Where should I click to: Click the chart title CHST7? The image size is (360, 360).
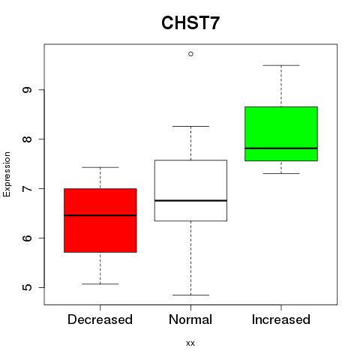click(x=190, y=22)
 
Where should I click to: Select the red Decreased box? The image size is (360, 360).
click(x=100, y=220)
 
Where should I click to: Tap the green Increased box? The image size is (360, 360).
click(x=281, y=133)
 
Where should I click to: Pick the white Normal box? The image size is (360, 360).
click(x=190, y=190)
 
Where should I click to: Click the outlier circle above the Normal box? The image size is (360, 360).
click(x=190, y=54)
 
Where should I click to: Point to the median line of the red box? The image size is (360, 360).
click(x=100, y=215)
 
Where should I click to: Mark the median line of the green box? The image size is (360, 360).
click(x=281, y=148)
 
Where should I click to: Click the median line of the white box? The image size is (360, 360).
click(x=190, y=200)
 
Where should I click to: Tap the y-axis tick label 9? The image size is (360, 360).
click(x=27, y=90)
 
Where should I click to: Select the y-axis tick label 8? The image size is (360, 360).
click(x=27, y=139)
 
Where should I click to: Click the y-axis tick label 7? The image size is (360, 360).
click(x=27, y=188)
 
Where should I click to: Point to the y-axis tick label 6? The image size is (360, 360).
click(x=27, y=238)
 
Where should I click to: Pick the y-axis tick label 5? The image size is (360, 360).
click(x=27, y=287)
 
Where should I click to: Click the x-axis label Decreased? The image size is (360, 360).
click(x=100, y=319)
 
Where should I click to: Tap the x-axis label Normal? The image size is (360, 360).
click(x=190, y=319)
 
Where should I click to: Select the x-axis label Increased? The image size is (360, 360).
click(x=281, y=319)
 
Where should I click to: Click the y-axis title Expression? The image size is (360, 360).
click(x=7, y=174)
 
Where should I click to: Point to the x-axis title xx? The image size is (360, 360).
click(x=190, y=343)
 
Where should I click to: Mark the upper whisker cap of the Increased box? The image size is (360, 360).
click(x=281, y=65)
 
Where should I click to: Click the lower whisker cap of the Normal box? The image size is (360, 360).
click(x=190, y=295)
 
